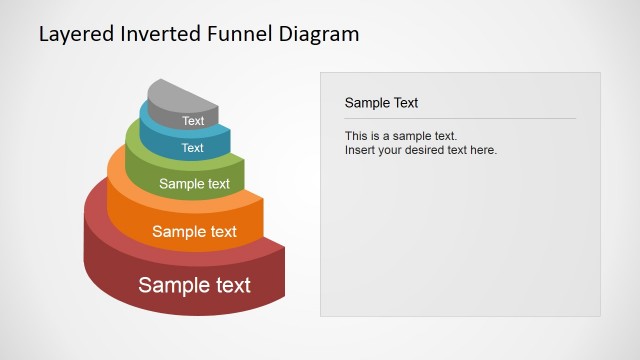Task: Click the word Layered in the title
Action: coord(73,34)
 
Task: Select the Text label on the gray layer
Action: coord(193,121)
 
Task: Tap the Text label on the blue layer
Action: coord(193,148)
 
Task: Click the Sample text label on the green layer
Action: coord(194,184)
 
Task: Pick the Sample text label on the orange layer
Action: coord(194,232)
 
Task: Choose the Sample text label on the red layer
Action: coord(194,285)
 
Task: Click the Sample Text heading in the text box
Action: coord(381,102)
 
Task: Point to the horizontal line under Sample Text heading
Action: coord(460,119)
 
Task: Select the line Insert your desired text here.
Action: coord(420,150)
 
